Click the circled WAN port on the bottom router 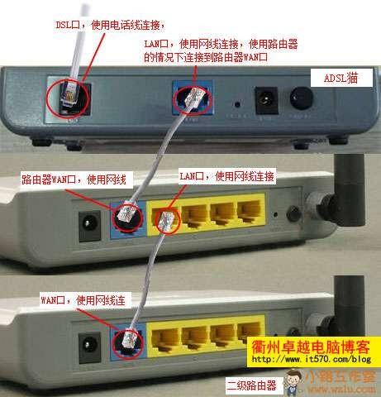(127, 340)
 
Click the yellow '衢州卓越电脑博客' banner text (308, 347)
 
